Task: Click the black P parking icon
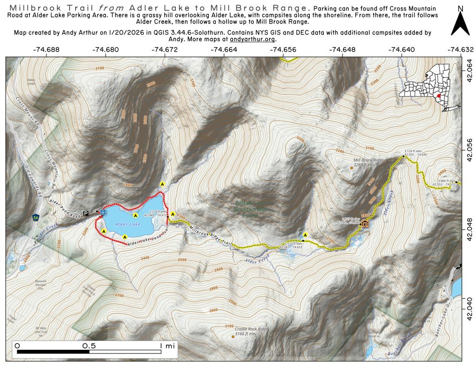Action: click(85, 213)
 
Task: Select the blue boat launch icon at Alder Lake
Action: click(103, 212)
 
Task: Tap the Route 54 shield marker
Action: click(36, 217)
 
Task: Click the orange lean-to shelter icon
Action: click(365, 224)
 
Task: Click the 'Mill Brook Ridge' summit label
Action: click(369, 160)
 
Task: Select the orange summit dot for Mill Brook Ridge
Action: click(352, 168)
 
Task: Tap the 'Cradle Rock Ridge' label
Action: click(251, 329)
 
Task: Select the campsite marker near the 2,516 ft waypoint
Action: click(305, 234)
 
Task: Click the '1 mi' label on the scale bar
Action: click(167, 346)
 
